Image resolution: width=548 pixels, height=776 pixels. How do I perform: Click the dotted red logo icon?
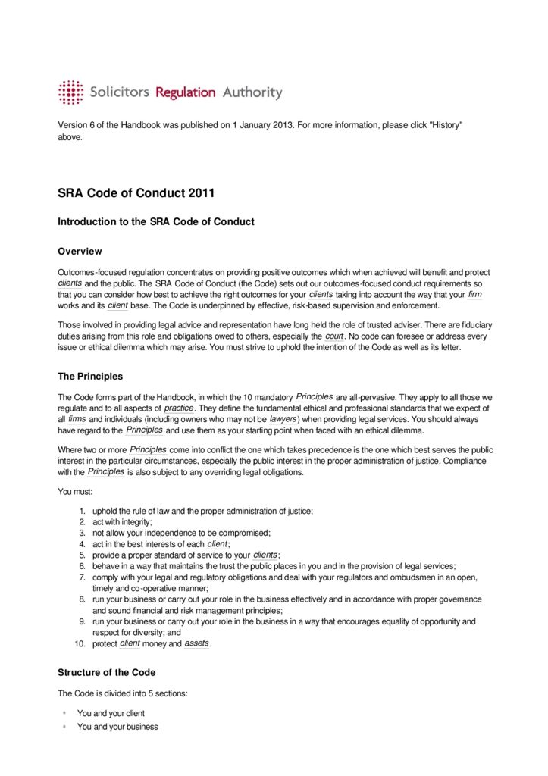coord(70,92)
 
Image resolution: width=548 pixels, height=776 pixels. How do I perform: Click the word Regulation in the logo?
coord(186,92)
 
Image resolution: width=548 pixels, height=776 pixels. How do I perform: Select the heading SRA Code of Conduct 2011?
coord(136,193)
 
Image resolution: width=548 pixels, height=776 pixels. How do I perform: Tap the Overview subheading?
coord(80,252)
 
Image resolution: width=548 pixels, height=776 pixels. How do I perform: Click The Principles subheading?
coord(90,376)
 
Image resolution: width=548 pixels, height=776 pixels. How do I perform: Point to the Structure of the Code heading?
coord(107,672)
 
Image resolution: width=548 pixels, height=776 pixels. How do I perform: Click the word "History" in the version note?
coord(446,125)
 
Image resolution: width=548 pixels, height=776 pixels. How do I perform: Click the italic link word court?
coord(334,336)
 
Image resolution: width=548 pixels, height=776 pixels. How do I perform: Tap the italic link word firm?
coord(474,294)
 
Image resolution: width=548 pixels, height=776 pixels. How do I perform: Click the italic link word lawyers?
coord(283,418)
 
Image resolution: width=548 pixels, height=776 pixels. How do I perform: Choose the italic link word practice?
coord(179,408)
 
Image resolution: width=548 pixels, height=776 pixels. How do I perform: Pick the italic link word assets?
coord(196,643)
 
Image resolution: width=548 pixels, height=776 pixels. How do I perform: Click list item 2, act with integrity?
coord(122,522)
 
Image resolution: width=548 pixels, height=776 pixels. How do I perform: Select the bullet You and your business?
coord(117,727)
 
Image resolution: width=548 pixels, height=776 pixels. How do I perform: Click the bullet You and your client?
coord(111,713)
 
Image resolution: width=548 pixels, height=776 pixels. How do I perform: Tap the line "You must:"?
coord(76,491)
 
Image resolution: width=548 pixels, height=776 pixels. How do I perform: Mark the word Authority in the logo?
coord(252,92)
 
